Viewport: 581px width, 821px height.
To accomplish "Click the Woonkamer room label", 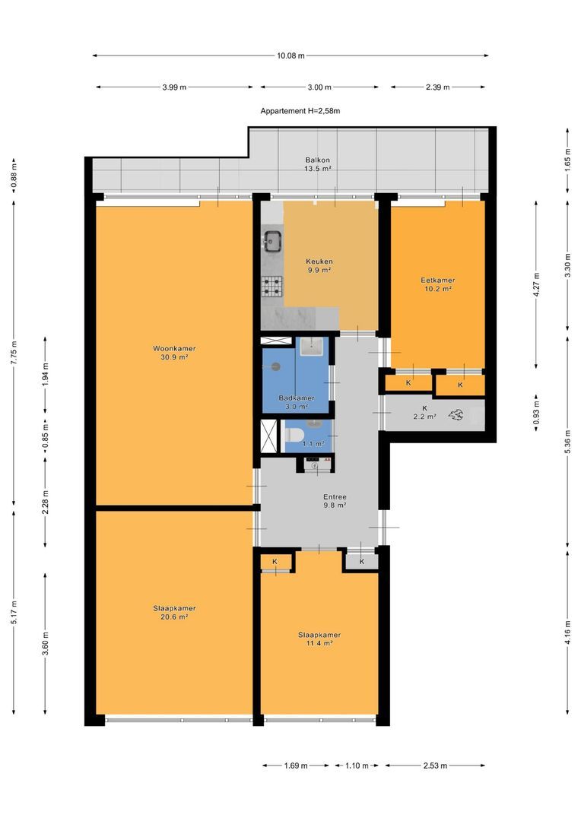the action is point(174,349).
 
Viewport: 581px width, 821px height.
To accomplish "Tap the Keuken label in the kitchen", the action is point(319,262).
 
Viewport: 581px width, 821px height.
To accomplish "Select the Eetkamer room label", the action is point(437,280).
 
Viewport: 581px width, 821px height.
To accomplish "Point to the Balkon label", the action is point(317,160).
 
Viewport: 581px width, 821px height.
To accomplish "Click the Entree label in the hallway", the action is point(335,497).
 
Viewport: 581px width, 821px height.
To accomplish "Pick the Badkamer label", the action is point(297,398).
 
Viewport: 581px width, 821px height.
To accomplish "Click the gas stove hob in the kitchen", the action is point(272,286).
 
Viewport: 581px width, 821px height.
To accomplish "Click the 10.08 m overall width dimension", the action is point(290,55).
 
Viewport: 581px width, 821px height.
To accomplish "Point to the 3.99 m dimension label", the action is point(174,87).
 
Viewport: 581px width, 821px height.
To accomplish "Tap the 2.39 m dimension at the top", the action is point(437,87).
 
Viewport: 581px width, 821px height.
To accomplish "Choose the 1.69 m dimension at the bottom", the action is point(296,766).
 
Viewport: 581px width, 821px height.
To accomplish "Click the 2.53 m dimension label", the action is point(435,766).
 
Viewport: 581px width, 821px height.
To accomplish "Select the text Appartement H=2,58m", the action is point(300,111).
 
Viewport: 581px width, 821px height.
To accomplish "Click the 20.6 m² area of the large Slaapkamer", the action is point(174,617).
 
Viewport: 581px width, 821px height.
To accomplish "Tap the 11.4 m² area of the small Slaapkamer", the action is point(319,644).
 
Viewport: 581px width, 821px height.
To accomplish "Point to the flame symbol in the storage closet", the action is point(456,415).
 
